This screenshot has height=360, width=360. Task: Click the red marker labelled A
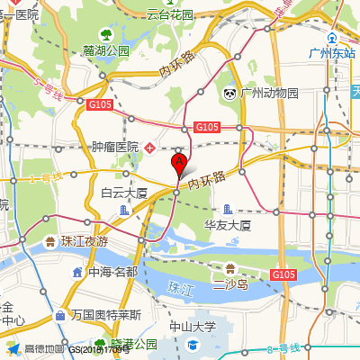pyautogui.click(x=179, y=164)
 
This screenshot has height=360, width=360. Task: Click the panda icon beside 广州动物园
pyautogui.click(x=230, y=93)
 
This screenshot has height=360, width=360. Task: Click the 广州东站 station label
pyautogui.click(x=333, y=52)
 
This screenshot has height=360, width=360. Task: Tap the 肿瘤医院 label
pyautogui.click(x=115, y=147)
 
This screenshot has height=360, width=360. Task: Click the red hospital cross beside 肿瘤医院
pyautogui.click(x=150, y=147)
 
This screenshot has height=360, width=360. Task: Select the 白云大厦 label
pyautogui.click(x=123, y=193)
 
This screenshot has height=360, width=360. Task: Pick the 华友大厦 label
pyautogui.click(x=227, y=224)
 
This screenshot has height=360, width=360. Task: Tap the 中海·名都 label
pyautogui.click(x=112, y=271)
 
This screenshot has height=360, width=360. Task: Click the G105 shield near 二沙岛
pyautogui.click(x=283, y=274)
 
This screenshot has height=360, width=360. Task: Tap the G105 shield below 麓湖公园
pyautogui.click(x=99, y=105)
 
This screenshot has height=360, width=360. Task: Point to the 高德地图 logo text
pyautogui.click(x=44, y=348)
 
